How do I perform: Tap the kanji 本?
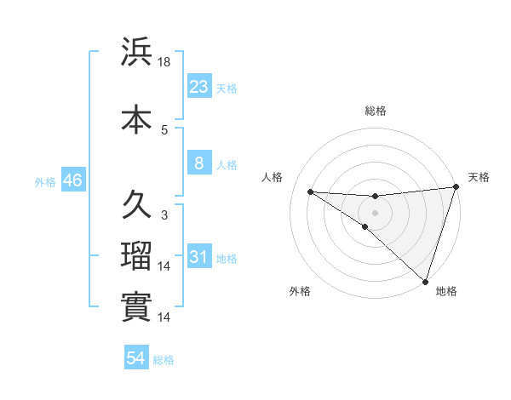[136, 117]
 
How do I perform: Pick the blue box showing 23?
[198, 86]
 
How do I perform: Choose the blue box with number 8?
[198, 163]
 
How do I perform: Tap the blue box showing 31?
[198, 256]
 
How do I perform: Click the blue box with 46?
[72, 180]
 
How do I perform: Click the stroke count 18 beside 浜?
[164, 62]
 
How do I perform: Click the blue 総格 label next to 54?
[164, 360]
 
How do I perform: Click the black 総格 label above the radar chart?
[375, 111]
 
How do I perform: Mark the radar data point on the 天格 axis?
[456, 188]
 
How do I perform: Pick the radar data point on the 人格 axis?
[310, 191]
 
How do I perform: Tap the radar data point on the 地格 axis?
[425, 281]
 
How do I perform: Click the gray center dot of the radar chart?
[375, 211]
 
